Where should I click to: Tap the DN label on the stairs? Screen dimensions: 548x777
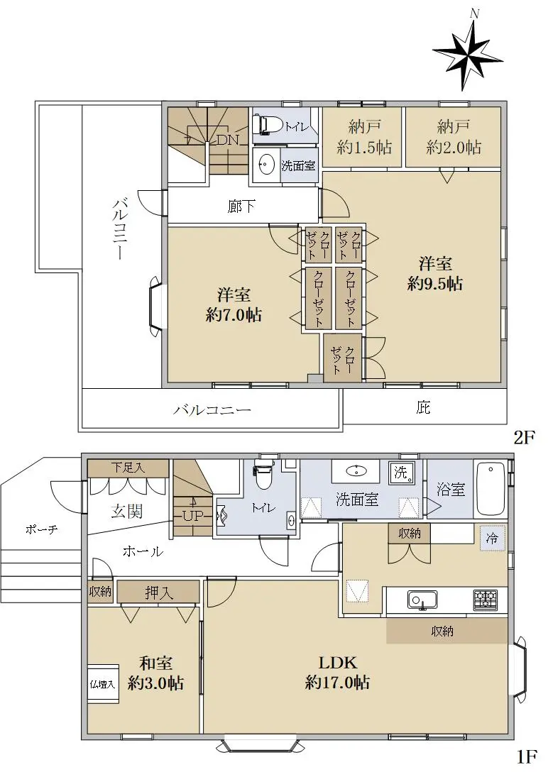(228, 140)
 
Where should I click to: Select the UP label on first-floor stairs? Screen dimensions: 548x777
(192, 516)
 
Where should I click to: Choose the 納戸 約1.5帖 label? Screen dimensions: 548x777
(363, 137)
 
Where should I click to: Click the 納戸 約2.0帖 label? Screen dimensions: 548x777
(453, 137)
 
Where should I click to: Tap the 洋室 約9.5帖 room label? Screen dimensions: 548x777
(435, 273)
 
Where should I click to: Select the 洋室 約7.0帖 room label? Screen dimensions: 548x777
(234, 304)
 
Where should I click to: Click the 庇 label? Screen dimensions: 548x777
(422, 407)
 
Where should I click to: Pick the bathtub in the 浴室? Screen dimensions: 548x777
(491, 490)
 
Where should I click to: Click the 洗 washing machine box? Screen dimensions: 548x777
(401, 473)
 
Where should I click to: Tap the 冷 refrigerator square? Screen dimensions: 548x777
(491, 538)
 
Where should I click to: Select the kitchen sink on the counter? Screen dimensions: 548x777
(422, 599)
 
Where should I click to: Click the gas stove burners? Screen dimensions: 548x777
(485, 599)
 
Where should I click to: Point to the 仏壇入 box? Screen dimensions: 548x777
(103, 684)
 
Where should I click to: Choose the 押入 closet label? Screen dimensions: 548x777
(159, 593)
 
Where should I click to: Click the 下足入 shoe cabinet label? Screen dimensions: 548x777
(128, 468)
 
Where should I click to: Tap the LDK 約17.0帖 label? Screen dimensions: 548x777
(337, 673)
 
